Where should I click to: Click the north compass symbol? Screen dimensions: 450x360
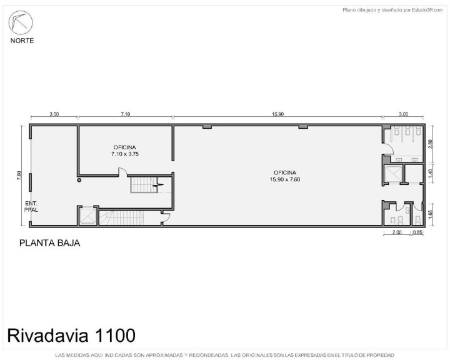[21, 22]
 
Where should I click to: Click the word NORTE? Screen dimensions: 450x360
[22, 41]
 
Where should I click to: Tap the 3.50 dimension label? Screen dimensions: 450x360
[54, 114]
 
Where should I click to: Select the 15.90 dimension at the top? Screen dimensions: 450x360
[277, 114]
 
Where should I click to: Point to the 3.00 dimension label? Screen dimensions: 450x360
[403, 114]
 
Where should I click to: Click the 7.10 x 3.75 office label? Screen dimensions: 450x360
[125, 151]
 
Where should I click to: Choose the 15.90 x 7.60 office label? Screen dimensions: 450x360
[285, 176]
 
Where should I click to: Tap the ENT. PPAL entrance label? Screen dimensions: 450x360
[31, 207]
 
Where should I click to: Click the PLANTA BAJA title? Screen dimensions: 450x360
[49, 243]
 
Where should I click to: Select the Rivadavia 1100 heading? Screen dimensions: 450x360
[71, 335]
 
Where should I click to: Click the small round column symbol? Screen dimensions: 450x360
[79, 180]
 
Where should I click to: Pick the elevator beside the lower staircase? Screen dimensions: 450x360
[87, 216]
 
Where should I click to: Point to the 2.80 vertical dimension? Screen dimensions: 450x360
[430, 144]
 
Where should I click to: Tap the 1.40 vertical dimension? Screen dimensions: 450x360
[430, 173]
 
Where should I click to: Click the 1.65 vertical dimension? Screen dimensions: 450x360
[430, 215]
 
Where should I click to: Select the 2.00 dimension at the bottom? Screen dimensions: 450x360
[397, 232]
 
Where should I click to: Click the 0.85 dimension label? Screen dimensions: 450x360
[418, 232]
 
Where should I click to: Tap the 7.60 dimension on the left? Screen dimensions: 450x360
[19, 176]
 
